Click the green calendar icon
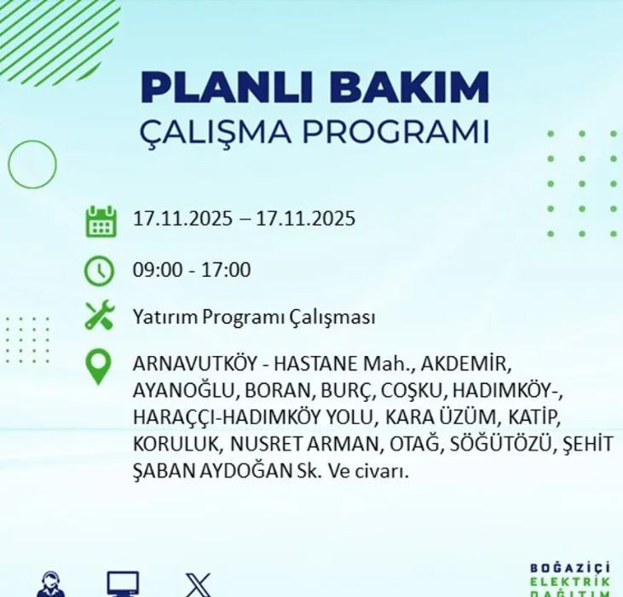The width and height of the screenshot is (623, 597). point(101,221)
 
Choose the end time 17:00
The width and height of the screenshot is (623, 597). point(227,270)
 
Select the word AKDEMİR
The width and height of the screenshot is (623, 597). point(464,365)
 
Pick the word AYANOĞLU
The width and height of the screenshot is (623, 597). point(185,391)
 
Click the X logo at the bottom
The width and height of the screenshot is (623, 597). point(198,585)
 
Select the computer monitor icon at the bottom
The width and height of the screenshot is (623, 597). point(123,585)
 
